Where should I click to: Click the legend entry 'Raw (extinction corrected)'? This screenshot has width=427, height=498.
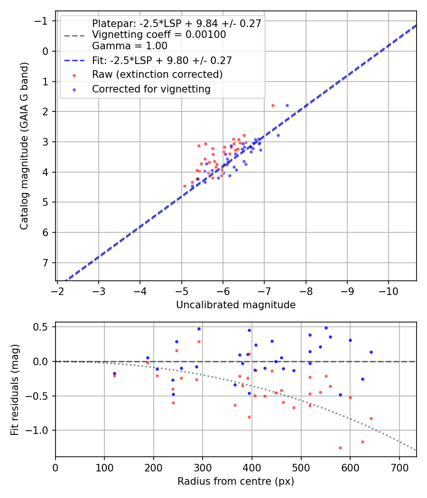(x=157, y=74)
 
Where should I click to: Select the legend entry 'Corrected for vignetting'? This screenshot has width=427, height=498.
(x=151, y=89)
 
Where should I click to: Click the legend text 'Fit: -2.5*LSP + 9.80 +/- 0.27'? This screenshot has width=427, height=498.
(x=162, y=60)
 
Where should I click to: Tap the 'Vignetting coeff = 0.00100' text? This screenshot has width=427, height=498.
(x=159, y=35)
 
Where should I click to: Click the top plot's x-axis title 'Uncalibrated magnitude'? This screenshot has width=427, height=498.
(x=236, y=305)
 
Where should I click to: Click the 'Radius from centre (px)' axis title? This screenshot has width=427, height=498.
(x=236, y=481)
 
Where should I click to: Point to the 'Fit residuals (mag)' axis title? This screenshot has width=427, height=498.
(x=15, y=389)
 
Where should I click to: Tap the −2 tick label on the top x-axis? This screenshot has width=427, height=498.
(x=57, y=290)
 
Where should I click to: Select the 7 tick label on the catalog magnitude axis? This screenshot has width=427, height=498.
(x=46, y=263)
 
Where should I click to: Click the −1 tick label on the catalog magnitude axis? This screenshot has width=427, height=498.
(x=43, y=21)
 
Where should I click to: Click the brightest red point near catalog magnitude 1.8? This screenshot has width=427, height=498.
(x=273, y=105)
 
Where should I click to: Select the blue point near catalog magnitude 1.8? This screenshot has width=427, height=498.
(x=287, y=105)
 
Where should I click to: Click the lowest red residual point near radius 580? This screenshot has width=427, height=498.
(x=340, y=448)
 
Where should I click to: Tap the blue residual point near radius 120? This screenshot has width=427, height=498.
(x=114, y=373)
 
